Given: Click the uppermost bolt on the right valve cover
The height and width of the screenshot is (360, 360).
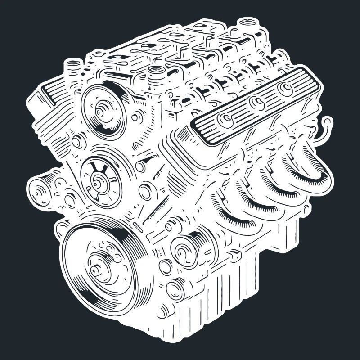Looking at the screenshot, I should click(285, 89).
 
